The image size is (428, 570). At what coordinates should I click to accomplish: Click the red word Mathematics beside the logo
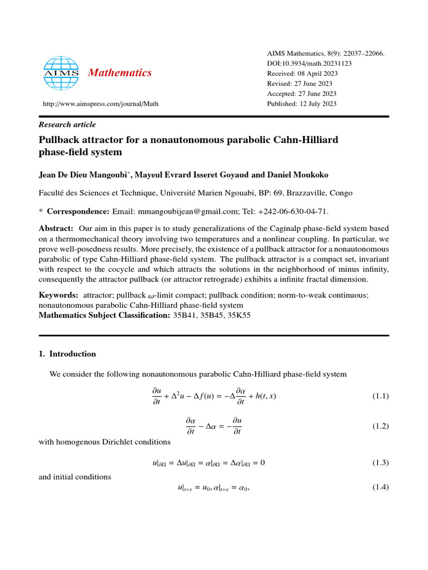[x=120, y=73]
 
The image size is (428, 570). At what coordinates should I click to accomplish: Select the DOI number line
[x=309, y=63]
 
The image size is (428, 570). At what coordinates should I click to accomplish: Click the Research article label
[x=67, y=125]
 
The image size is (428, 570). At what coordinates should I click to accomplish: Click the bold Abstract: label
[x=56, y=229]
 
